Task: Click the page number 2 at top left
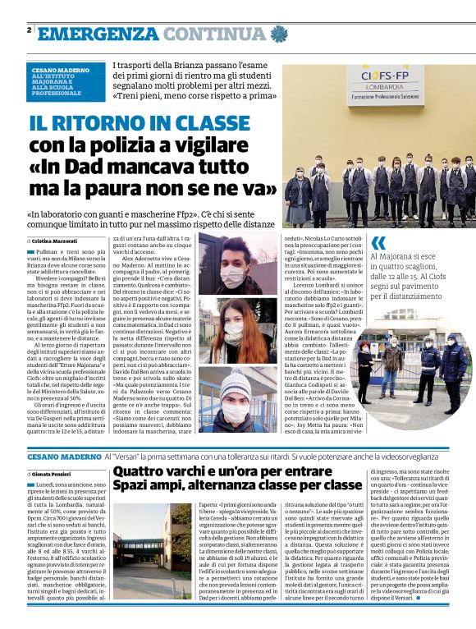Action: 29,30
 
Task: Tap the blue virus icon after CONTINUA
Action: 279,34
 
